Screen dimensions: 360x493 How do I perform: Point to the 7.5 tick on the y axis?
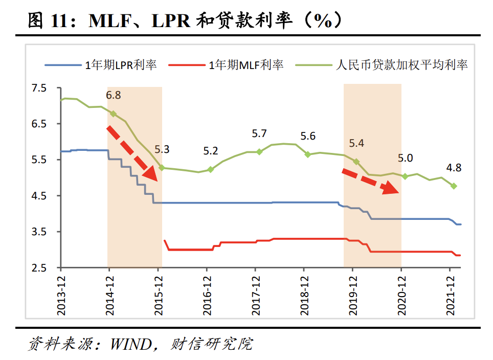pyautogui.click(x=39, y=88)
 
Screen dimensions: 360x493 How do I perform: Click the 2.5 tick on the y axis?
pyautogui.click(x=39, y=268)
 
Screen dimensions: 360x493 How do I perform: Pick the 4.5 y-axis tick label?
pyautogui.click(x=39, y=196)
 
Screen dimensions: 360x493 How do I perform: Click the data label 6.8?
pyautogui.click(x=114, y=95)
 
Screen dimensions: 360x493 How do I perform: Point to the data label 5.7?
pyautogui.click(x=259, y=134)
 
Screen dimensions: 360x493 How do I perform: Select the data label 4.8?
pyautogui.click(x=454, y=167)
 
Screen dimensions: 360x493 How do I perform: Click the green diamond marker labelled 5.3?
pyautogui.click(x=162, y=168)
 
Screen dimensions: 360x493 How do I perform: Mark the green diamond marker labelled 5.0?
pyautogui.click(x=405, y=176)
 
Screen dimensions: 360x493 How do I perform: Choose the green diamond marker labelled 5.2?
pyautogui.click(x=210, y=169)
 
